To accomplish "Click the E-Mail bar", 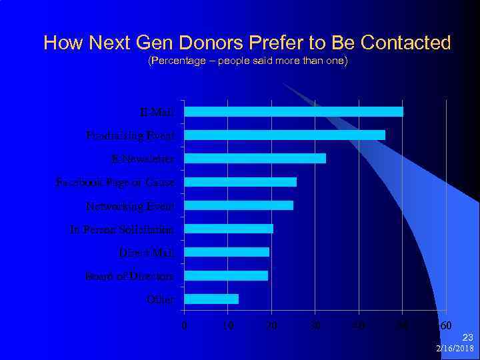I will (x=293, y=112).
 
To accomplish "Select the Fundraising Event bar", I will (x=285, y=135).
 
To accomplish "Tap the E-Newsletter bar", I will (x=255, y=159).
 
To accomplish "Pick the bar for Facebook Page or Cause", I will (x=240, y=182).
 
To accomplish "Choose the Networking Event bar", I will (x=239, y=205).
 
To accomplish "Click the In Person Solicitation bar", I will (x=229, y=229).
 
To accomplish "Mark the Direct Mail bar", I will (x=227, y=252).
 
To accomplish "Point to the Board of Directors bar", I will (x=226, y=275).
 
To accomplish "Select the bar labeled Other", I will (x=211, y=299).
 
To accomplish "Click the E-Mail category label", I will (x=157, y=112).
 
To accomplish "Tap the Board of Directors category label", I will (x=129, y=276).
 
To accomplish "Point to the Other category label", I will (x=161, y=299).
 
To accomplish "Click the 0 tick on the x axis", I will (x=185, y=325).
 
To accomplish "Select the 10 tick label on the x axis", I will (x=228, y=325).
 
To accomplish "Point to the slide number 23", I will (x=467, y=338).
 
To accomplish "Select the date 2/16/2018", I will (x=455, y=349).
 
